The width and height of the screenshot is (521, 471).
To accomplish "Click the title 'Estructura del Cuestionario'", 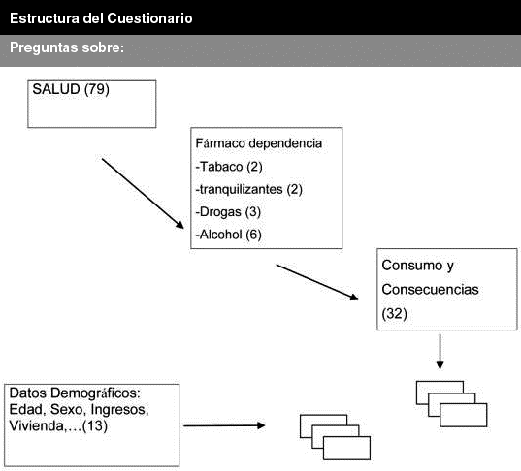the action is (x=101, y=18).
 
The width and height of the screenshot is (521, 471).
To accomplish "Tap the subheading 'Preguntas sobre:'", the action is (x=67, y=47).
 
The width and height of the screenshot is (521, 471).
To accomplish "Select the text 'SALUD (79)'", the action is (x=71, y=89).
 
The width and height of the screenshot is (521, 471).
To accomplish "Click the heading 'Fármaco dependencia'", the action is (x=258, y=143).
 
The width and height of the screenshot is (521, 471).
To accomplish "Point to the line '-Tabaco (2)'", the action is (x=229, y=167).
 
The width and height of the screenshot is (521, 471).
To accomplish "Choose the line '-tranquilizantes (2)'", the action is (x=249, y=190).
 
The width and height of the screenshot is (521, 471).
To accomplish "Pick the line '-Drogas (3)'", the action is (x=228, y=212).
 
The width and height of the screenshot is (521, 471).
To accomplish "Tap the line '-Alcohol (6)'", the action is (x=228, y=235).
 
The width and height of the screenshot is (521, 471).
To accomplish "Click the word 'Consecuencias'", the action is (x=430, y=290).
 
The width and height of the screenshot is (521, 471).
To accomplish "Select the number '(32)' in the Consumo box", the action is (x=395, y=314).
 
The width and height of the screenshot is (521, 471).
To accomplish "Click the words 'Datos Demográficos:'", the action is (x=75, y=393).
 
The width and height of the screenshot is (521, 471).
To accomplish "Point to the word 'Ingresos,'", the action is (x=119, y=410).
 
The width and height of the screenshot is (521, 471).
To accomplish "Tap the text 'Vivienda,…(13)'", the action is (x=58, y=425).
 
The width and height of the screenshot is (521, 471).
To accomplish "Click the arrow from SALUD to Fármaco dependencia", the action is (x=143, y=194).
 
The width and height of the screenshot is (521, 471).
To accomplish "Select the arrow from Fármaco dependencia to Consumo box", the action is (x=317, y=282).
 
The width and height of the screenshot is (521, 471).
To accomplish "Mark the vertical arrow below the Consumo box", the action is (x=440, y=352).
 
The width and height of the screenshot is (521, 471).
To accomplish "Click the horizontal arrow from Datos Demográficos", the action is (x=224, y=425).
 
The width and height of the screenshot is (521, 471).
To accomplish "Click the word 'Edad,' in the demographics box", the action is (x=28, y=410).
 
